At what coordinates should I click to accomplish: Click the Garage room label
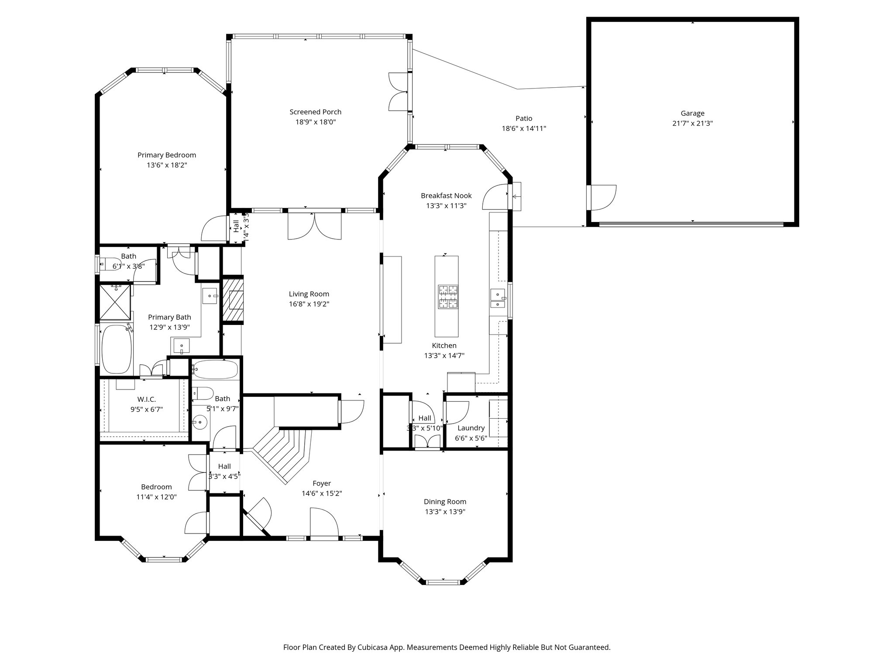[x=692, y=113]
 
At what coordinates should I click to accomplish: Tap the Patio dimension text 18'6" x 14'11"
[x=524, y=129]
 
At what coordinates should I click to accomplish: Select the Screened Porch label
[x=315, y=112]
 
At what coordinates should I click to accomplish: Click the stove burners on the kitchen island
[x=448, y=297]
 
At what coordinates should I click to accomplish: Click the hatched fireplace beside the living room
[x=233, y=300]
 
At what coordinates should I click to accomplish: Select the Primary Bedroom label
[x=167, y=155]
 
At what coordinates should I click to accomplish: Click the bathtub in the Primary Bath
[x=116, y=349]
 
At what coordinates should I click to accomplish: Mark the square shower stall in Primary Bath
[x=115, y=302]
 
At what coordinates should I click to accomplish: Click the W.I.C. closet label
[x=146, y=399]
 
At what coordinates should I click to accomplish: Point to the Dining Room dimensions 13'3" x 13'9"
[x=445, y=512]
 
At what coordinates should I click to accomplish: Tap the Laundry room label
[x=471, y=428]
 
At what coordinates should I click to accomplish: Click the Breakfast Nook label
[x=446, y=195]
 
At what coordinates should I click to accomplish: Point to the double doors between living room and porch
[x=315, y=225]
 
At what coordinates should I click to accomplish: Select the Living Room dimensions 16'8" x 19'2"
[x=309, y=304]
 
